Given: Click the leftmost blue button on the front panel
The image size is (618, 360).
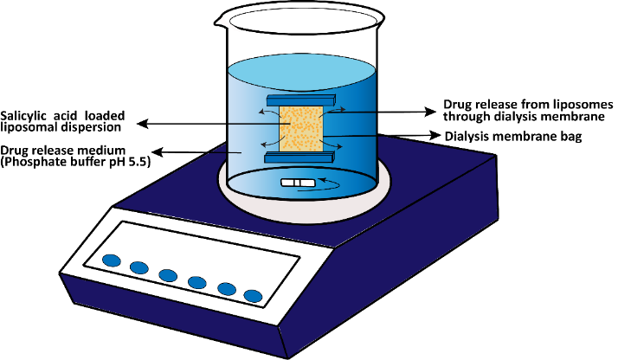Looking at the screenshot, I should tap(112, 260).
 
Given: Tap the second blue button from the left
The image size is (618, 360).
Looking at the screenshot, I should tap(139, 268).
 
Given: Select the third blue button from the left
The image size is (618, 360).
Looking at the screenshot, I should tap(168, 276).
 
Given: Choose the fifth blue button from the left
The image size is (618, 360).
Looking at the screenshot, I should tap(227, 289).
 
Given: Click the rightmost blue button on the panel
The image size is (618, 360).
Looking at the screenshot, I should tap(253, 296).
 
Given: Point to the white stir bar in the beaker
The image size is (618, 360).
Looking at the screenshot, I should tap(297, 183).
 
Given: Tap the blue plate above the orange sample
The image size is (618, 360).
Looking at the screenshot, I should tap(294, 101).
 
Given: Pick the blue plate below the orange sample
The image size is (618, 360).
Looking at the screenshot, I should tap(294, 157).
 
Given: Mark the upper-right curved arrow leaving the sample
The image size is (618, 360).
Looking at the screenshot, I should tap(337, 110).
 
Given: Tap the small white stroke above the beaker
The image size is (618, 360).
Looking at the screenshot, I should tap(229, 23).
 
